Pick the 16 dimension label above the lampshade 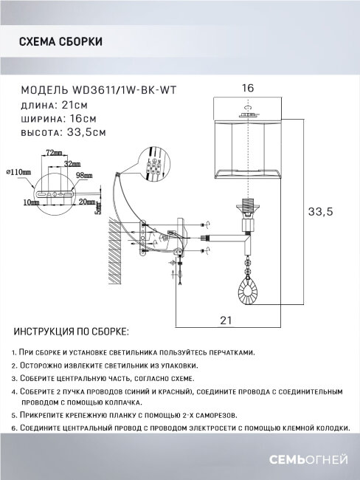[248, 88]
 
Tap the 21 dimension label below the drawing [226, 320]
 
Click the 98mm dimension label [83, 176]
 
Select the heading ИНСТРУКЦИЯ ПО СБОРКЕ [71, 330]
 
